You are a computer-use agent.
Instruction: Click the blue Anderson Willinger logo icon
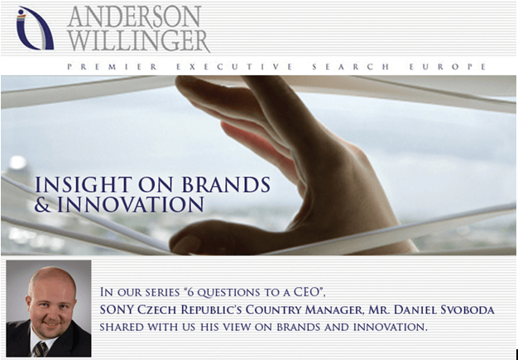tap(34, 29)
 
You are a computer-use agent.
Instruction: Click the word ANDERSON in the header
tap(134, 17)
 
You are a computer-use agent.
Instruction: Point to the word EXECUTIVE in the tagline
tap(234, 67)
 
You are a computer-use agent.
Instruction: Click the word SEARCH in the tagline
tap(351, 67)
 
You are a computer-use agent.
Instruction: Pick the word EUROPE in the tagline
tap(448, 67)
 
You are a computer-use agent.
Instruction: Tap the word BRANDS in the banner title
tap(226, 185)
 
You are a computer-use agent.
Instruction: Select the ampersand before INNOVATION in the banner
tap(44, 204)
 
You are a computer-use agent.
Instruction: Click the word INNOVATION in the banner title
tap(131, 204)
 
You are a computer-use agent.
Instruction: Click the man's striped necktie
tap(41, 349)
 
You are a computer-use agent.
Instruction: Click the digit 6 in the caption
tap(189, 293)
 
